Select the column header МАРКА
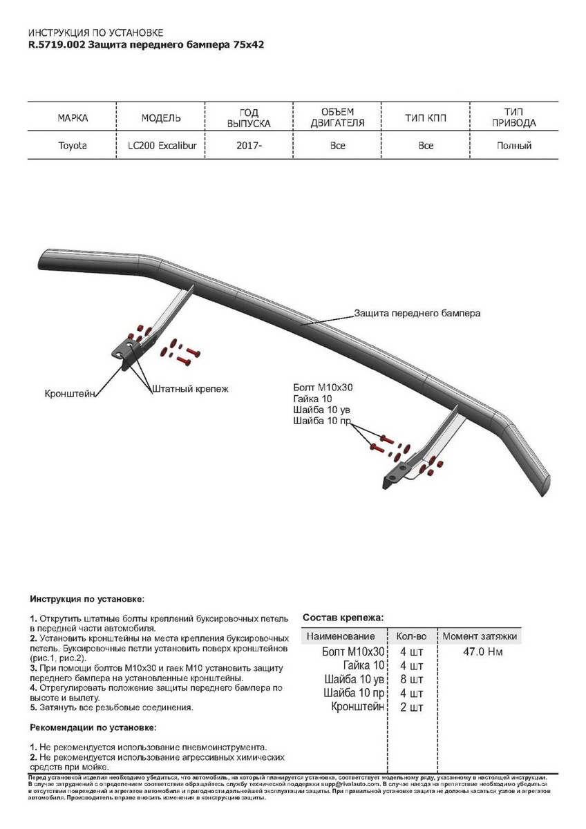[73, 118]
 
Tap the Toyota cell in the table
[73, 146]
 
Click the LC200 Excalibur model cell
[161, 146]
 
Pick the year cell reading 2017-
[249, 146]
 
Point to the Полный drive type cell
[514, 146]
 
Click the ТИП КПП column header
[426, 118]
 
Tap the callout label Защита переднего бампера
[417, 313]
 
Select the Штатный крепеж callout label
[190, 389]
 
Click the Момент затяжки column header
[480, 636]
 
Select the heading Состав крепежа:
[343, 618]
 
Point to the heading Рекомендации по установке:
[93, 727]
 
